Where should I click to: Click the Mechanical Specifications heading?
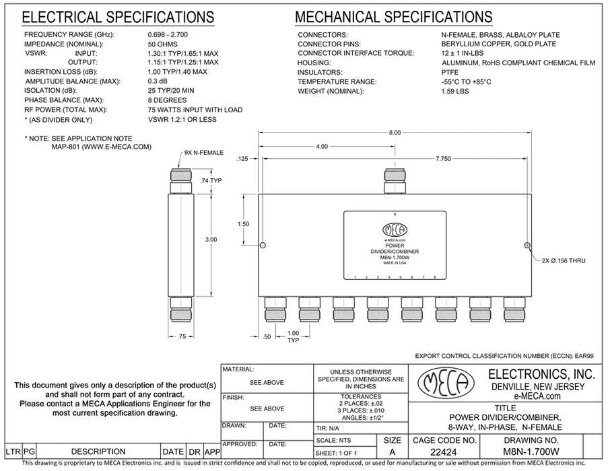pyautogui.click(x=394, y=17)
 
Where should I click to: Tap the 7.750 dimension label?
pyautogui.click(x=461, y=157)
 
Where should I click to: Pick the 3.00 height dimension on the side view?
pyautogui.click(x=211, y=239)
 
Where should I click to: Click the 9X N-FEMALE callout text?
pyautogui.click(x=203, y=153)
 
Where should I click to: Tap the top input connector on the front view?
pyautogui.click(x=395, y=180)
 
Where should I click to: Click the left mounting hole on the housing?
pyautogui.click(x=263, y=245)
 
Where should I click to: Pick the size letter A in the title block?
pyautogui.click(x=393, y=453)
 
